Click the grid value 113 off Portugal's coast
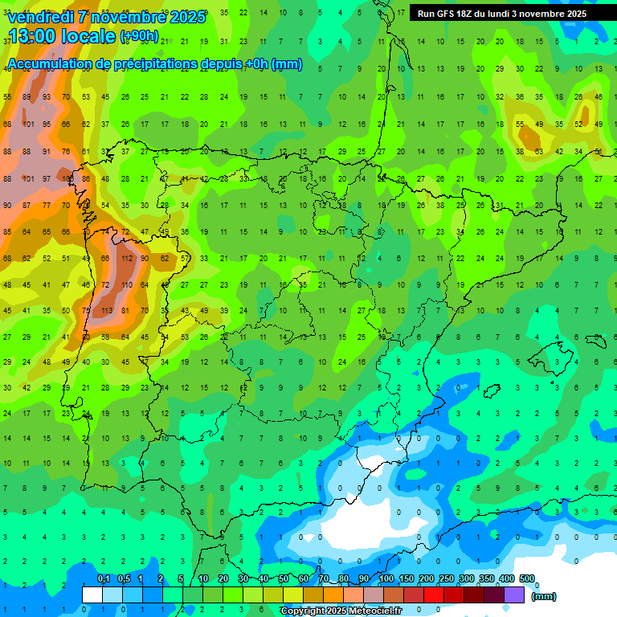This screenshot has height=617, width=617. point(106,311)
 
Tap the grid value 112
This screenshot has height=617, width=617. point(126,259)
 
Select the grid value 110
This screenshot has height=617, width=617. point(126,285)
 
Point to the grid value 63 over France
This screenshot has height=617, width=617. point(538,151)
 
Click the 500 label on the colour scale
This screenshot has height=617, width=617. point(527,579)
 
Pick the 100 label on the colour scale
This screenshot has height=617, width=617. point(386,579)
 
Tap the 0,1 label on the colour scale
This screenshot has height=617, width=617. point(104,579)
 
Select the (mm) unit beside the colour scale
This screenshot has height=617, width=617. point(544,596)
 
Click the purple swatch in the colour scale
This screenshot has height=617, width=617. point(514,595)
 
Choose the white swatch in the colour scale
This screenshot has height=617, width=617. point(92,595)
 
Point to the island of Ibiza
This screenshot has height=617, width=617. point(488,391)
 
